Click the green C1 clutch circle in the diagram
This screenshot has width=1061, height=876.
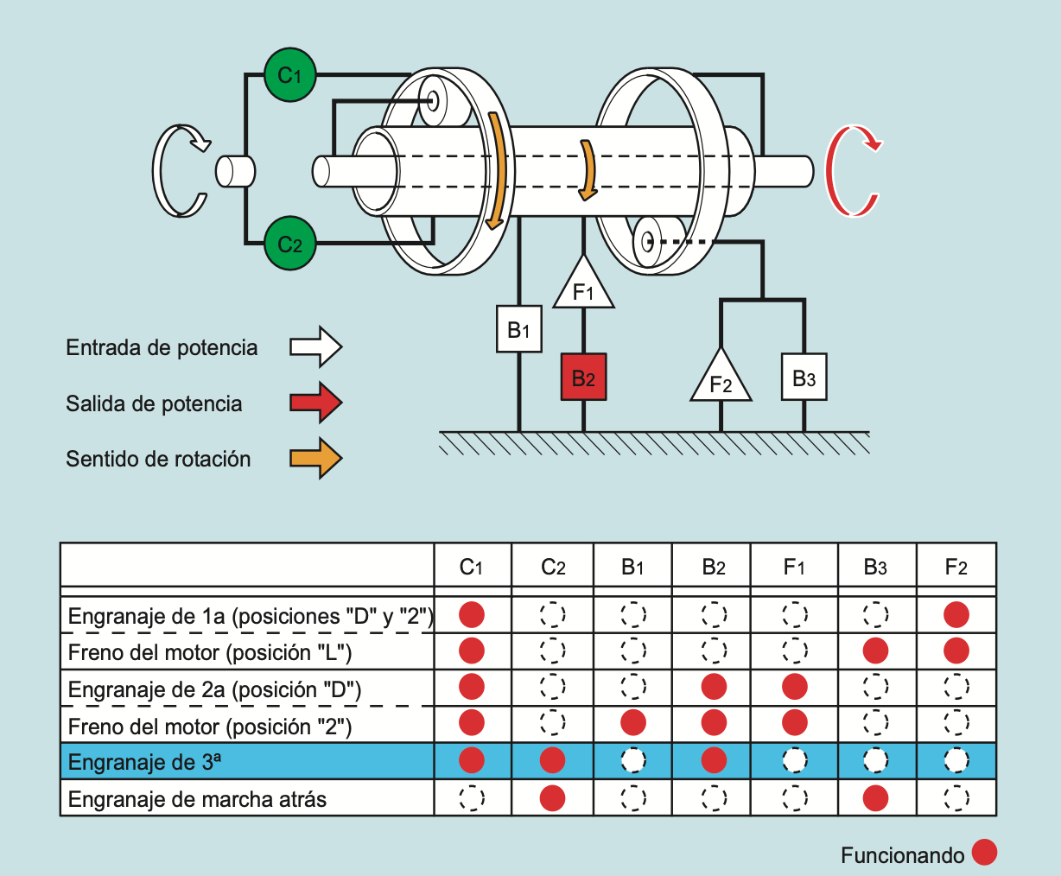(x=290, y=75)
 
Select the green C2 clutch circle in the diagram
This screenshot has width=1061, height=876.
(x=290, y=244)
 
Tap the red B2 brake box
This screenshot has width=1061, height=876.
(x=583, y=378)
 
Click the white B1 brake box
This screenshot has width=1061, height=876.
(x=518, y=329)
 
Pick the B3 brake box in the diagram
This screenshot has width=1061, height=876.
(x=804, y=377)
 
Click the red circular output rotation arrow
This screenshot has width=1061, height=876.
(x=852, y=170)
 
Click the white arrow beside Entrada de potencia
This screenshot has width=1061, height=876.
(x=315, y=347)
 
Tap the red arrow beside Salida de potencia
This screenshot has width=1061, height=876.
(x=315, y=403)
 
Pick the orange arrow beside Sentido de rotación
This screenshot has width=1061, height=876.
(x=315, y=458)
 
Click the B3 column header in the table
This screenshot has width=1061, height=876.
(x=875, y=567)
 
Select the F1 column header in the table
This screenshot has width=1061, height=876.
(x=794, y=567)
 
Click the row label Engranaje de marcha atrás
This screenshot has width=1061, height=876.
(x=197, y=799)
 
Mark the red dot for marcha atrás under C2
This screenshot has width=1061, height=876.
(x=552, y=797)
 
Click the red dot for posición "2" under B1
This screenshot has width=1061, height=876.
(x=633, y=722)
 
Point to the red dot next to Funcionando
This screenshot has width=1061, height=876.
(x=984, y=853)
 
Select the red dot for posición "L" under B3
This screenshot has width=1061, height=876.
(x=875, y=650)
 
